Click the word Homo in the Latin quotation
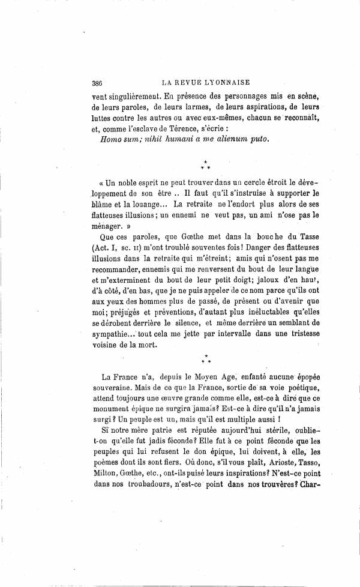[109, 137]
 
